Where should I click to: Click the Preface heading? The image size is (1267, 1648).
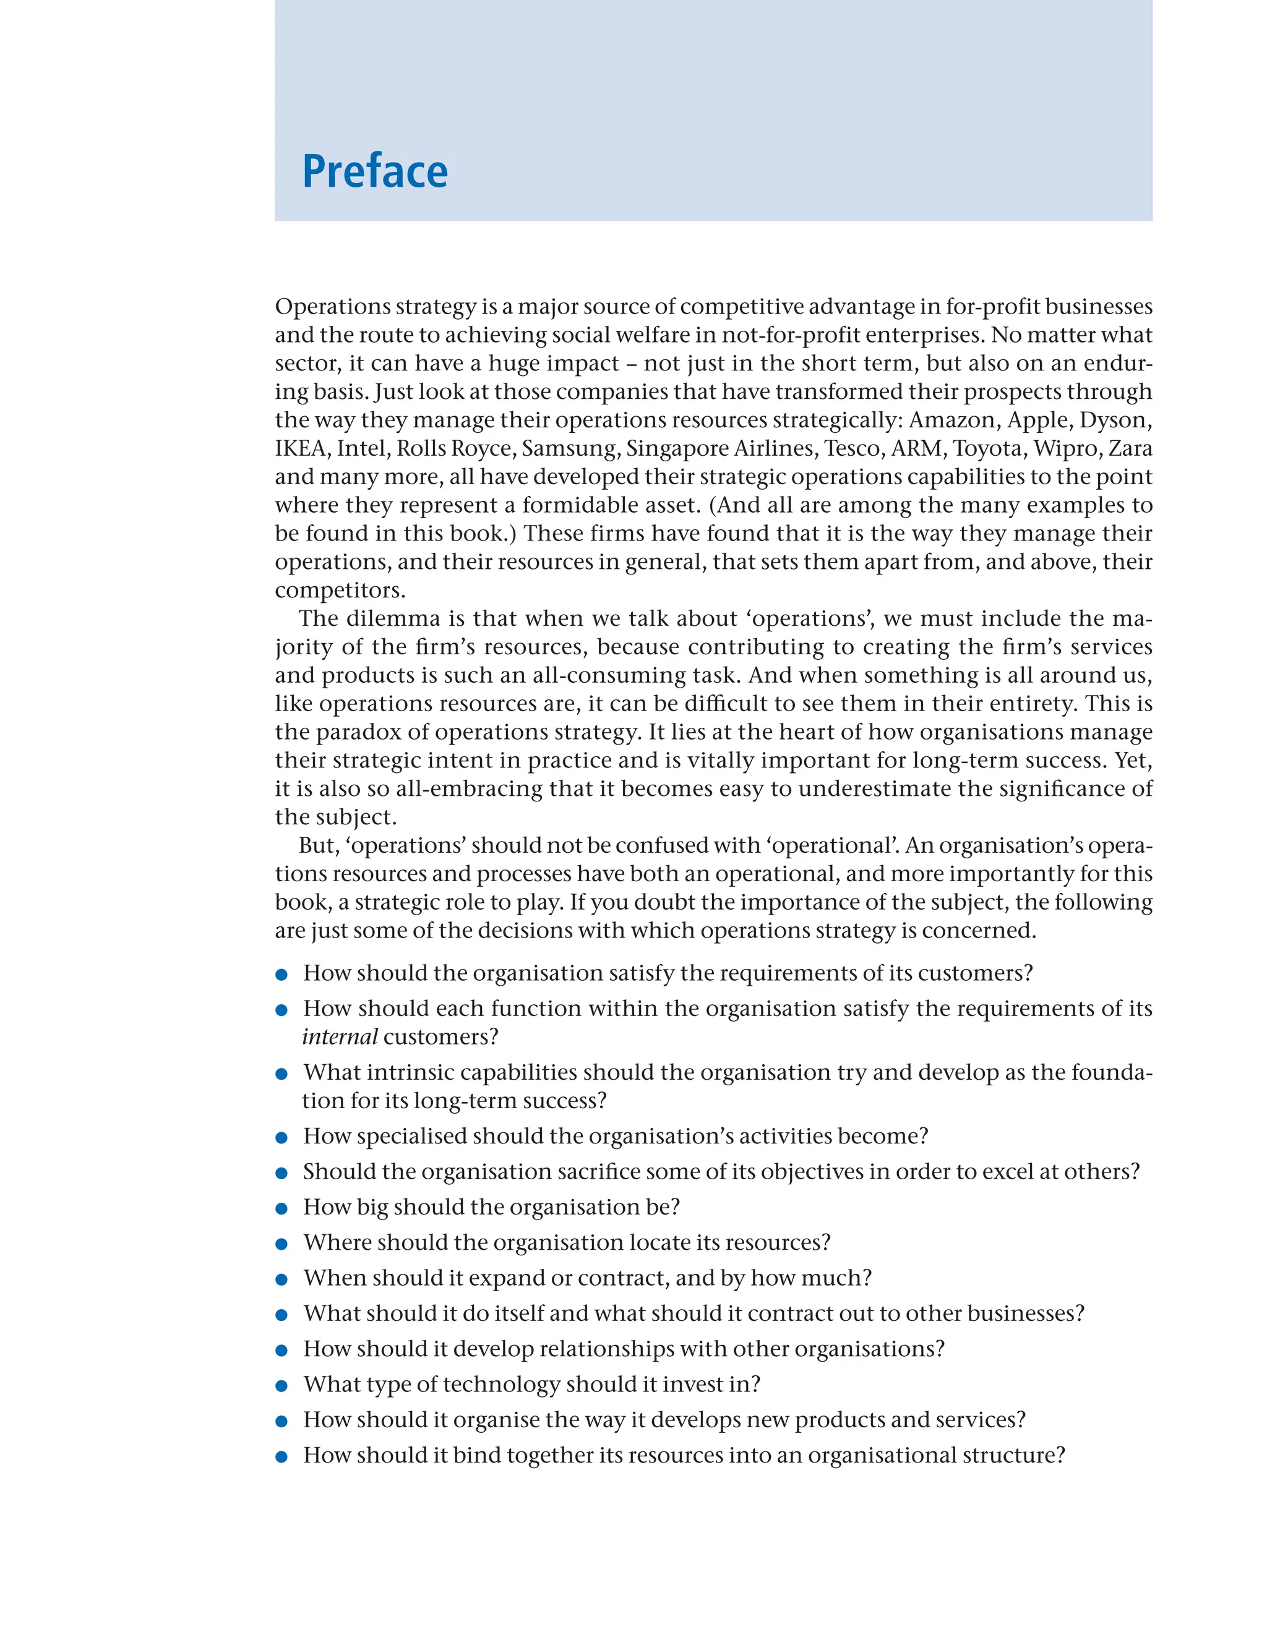[375, 171]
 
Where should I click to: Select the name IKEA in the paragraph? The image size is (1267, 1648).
[300, 448]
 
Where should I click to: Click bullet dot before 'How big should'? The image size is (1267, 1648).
[281, 1208]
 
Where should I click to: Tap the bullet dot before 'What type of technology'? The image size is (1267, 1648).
[281, 1386]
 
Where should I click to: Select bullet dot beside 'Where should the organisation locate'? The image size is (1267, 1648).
[281, 1244]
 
